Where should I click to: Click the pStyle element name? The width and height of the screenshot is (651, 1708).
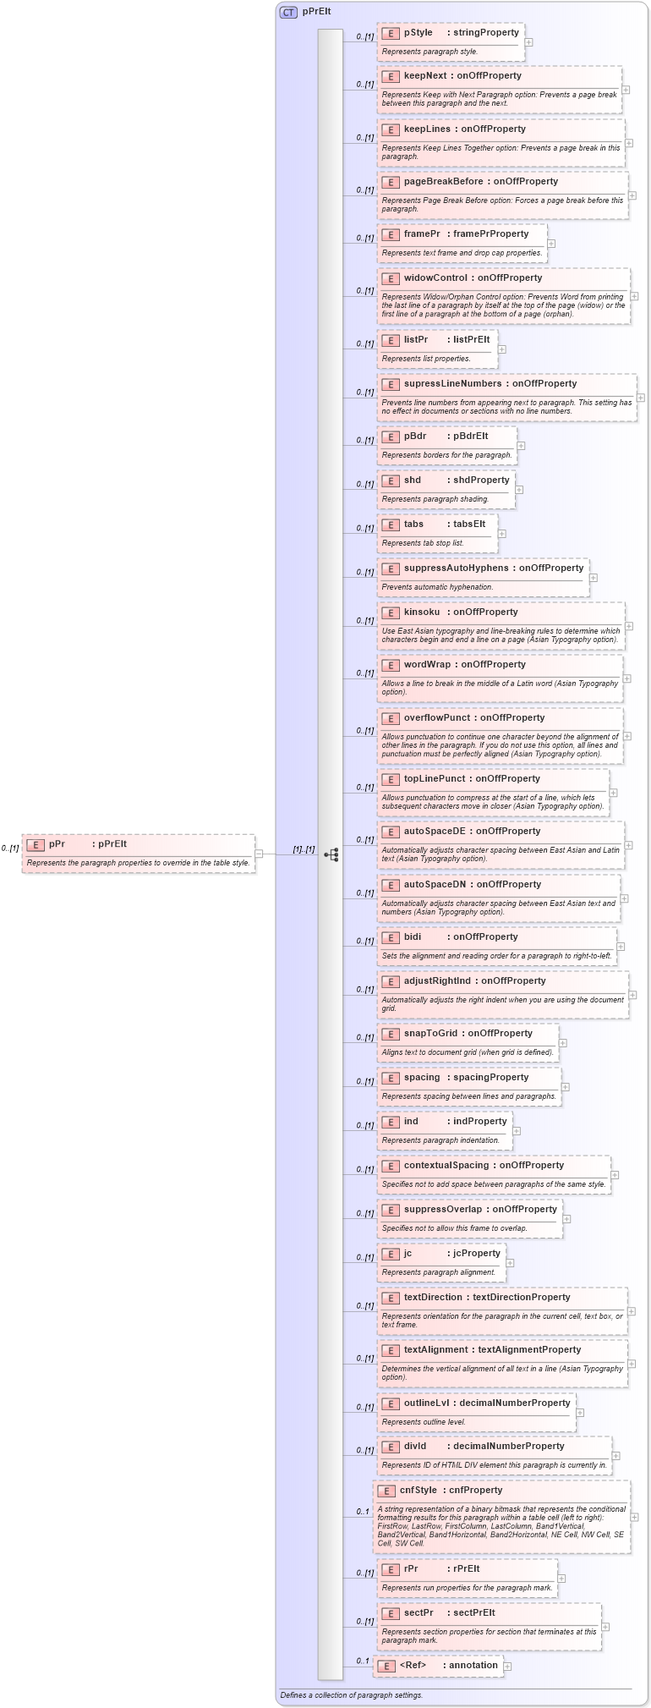tap(418, 33)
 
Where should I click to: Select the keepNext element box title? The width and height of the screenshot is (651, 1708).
tap(426, 76)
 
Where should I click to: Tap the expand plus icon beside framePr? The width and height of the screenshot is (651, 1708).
tap(551, 244)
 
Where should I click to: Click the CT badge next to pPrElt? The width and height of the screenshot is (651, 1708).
tap(288, 12)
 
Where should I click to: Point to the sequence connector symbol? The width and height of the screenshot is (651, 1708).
tap(331, 854)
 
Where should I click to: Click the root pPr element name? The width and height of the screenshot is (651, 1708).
tap(57, 844)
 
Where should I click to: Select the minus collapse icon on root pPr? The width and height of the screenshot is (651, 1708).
tap(259, 854)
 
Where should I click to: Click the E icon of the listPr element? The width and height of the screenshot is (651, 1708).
tap(390, 340)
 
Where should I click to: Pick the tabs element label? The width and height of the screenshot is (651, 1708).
tap(413, 524)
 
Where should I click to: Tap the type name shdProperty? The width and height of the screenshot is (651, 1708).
tap(481, 481)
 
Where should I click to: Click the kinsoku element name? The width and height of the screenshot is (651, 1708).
tap(421, 612)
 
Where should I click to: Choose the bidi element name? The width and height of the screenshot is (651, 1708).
tap(413, 937)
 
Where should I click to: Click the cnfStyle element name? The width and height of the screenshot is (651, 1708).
tap(418, 1491)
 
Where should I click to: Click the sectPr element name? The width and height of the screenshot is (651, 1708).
tap(418, 1613)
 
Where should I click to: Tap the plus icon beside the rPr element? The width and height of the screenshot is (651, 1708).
tap(561, 1579)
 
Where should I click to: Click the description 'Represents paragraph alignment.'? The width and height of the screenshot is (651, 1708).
tap(440, 1272)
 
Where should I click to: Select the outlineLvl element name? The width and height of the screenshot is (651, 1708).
tap(426, 1403)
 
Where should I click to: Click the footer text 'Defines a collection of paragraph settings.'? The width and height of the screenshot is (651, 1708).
tap(351, 1695)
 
